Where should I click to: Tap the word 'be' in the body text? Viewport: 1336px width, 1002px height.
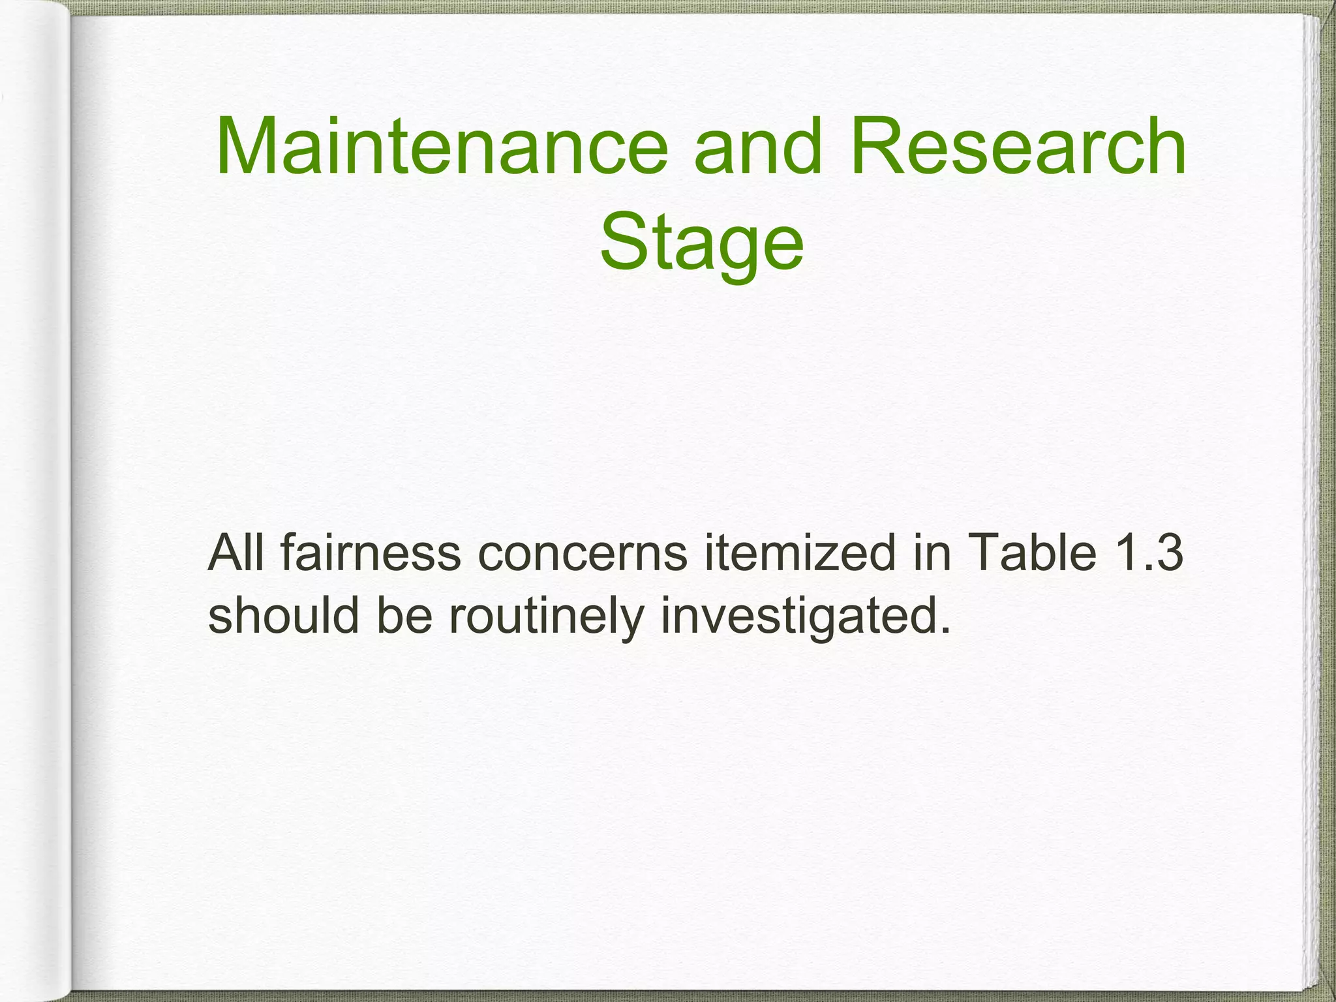[404, 615]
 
